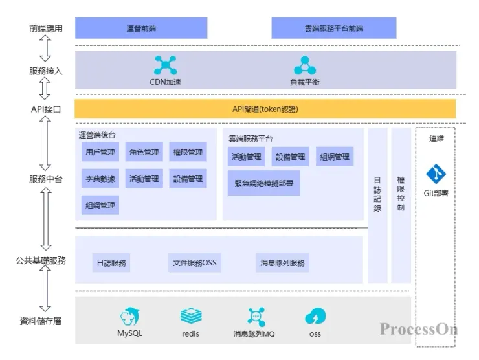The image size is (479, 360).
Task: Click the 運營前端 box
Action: [x=141, y=28]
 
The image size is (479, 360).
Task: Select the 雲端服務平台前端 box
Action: [x=333, y=28]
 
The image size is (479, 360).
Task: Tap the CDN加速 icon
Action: [x=166, y=65]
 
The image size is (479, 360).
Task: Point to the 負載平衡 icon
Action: [x=304, y=65]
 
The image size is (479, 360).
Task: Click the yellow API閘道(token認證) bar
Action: [x=265, y=109]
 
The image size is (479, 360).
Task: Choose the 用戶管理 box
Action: [x=100, y=153]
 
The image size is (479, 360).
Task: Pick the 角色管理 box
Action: [x=144, y=153]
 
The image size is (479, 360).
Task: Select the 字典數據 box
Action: [x=100, y=179]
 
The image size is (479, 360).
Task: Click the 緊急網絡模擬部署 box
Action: [x=263, y=183]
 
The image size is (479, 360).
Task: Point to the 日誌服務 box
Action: [x=111, y=264]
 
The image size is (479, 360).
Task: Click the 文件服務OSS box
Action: [x=195, y=264]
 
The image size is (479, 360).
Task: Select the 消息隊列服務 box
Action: [x=282, y=264]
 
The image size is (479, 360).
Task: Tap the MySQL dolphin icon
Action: [x=129, y=317]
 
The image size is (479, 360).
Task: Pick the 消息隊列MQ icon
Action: [x=254, y=317]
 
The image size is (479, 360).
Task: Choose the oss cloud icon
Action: [x=315, y=317]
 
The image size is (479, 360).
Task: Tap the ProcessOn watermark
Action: [x=419, y=329]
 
